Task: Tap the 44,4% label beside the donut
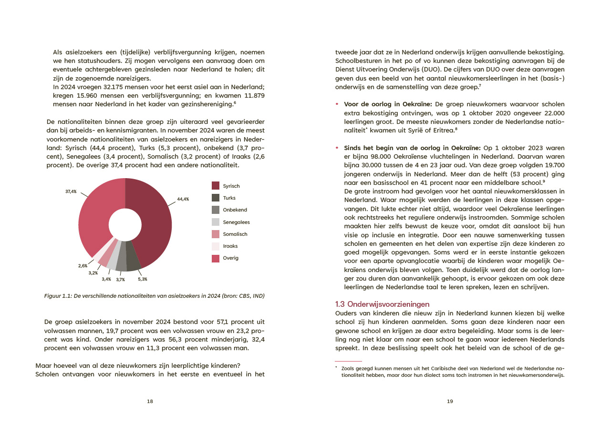183,199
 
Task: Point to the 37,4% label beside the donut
71,191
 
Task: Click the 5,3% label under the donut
143,279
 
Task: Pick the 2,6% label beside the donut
83,265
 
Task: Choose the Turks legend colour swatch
216,198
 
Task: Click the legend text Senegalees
236,222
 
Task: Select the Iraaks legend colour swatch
216,246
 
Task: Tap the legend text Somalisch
235,234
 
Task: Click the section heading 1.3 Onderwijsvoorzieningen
382,304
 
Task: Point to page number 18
150,401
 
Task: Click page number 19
450,401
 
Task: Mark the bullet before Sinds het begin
338,148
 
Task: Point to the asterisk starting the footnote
336,367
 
